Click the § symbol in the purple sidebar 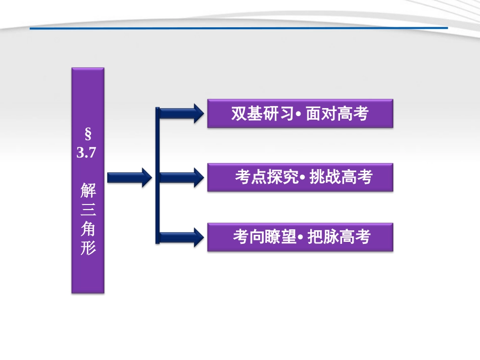(87, 135)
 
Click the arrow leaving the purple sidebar (129, 177)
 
